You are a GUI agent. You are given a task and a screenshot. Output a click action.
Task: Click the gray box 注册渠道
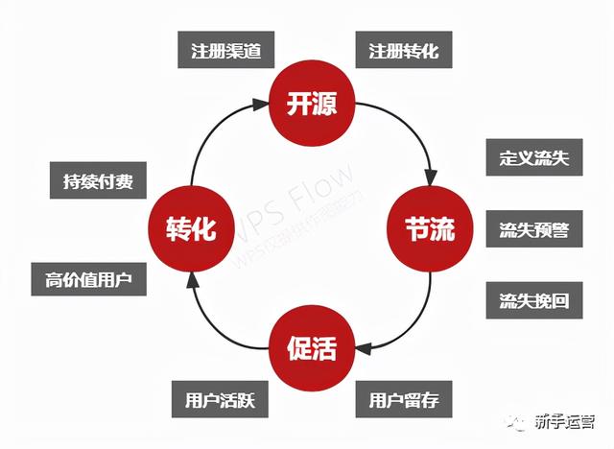(x=226, y=49)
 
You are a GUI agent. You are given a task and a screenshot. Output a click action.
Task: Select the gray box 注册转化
(x=403, y=49)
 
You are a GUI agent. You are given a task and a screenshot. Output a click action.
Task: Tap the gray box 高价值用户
(x=87, y=279)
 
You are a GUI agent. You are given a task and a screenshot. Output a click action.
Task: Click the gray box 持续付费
(x=92, y=179)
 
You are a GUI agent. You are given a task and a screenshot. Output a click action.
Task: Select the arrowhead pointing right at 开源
(x=257, y=99)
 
